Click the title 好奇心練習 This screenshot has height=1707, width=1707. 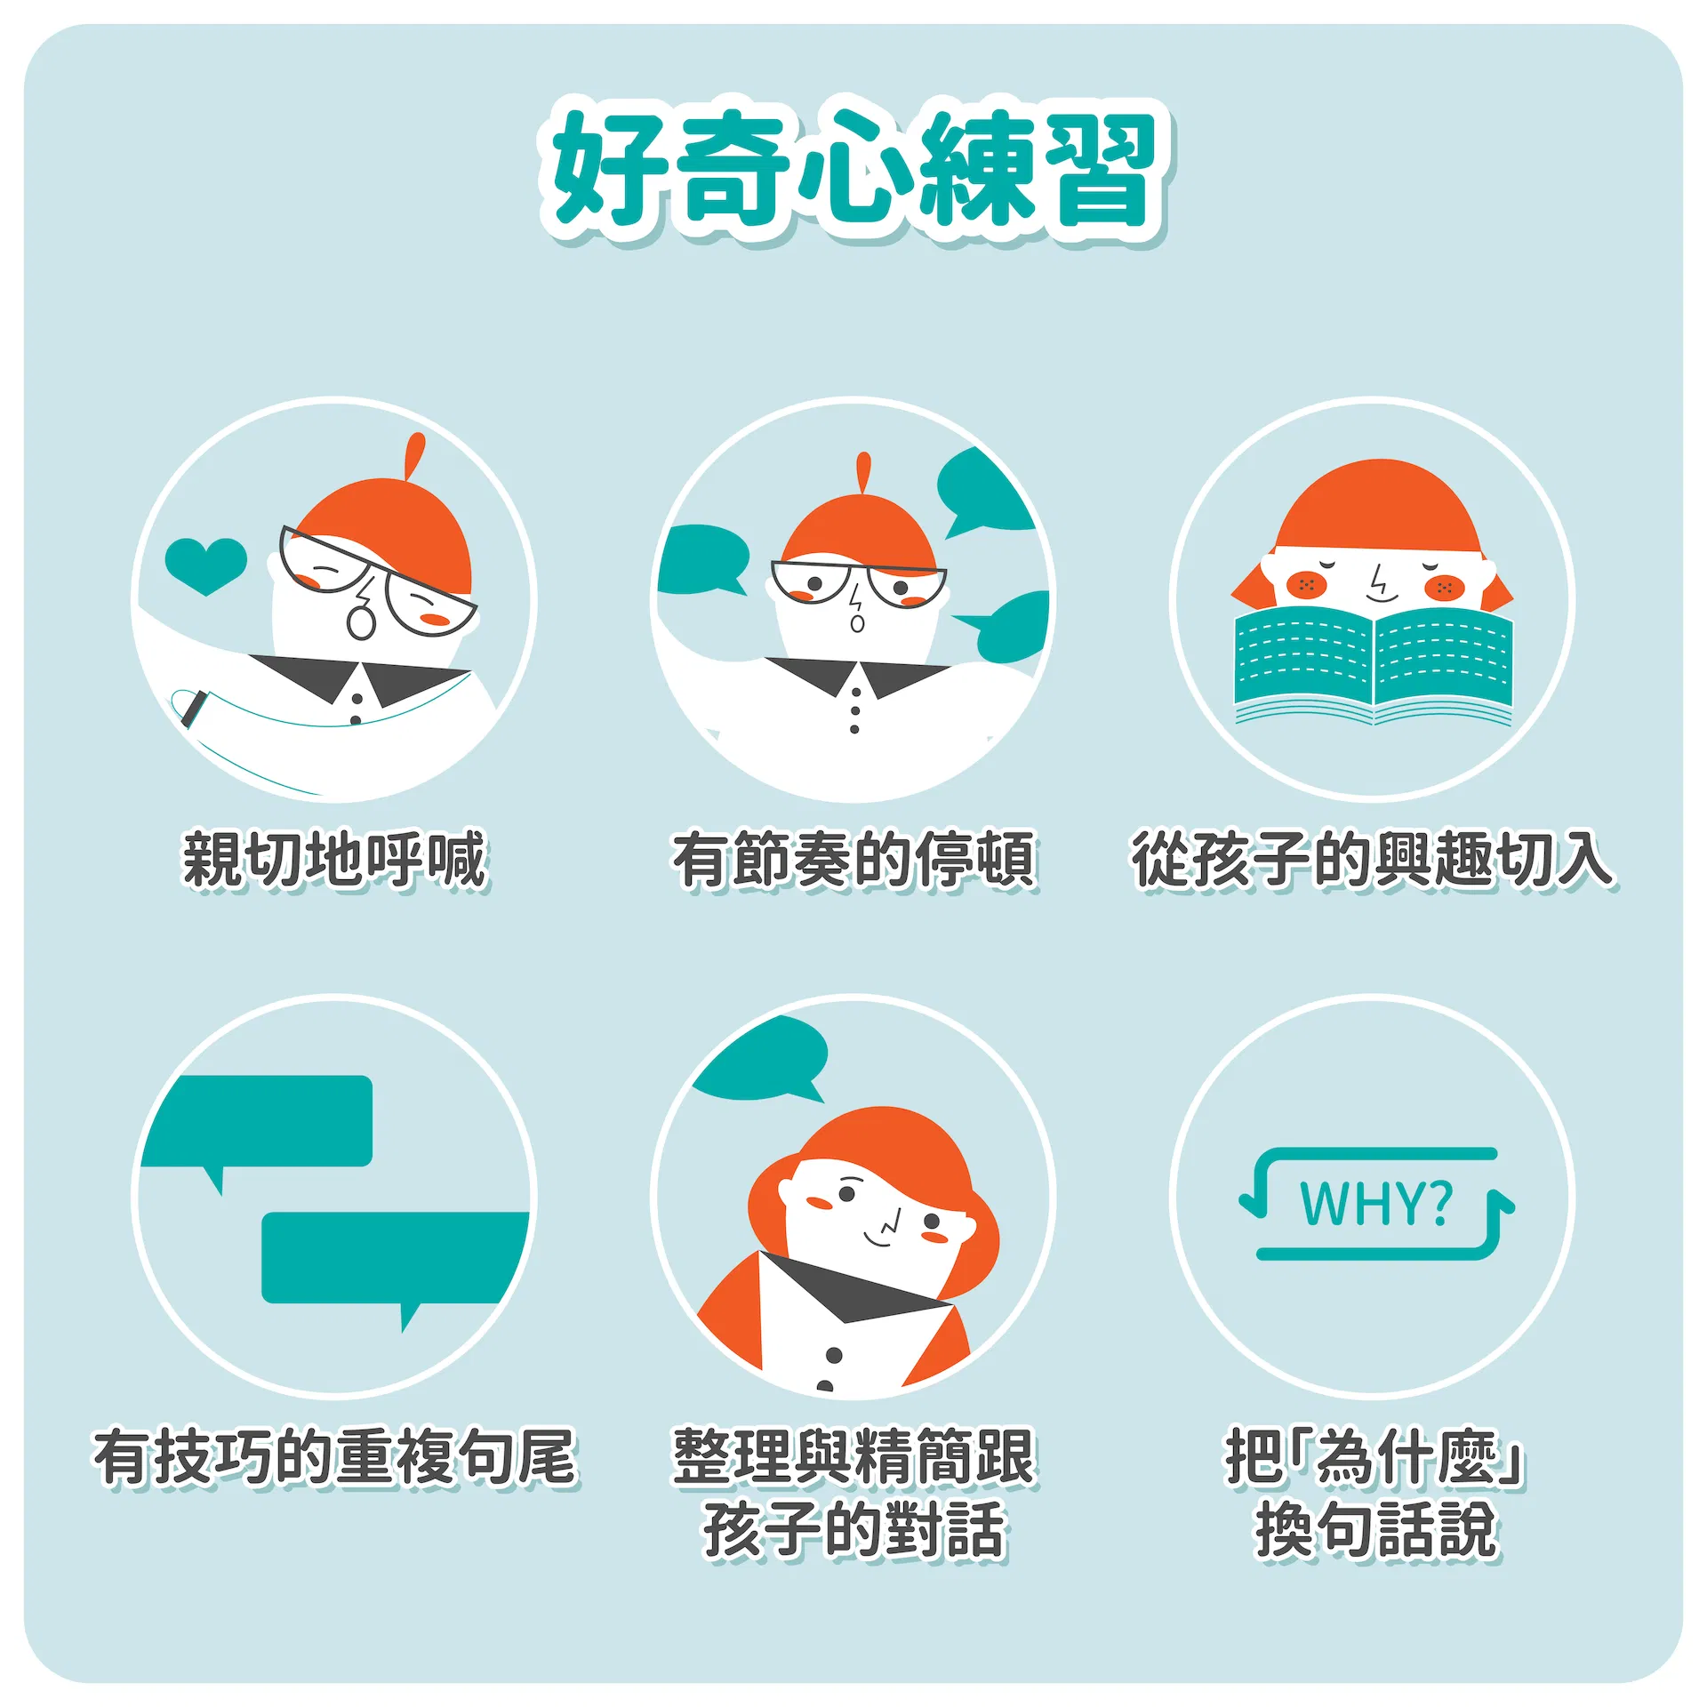coord(855,168)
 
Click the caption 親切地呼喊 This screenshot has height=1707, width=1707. coord(335,860)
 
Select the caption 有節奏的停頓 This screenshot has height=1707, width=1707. coord(854,860)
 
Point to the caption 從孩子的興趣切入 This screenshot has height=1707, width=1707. coord(1374,860)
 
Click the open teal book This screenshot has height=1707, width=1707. coord(1373,665)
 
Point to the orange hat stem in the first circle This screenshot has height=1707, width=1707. coord(413,456)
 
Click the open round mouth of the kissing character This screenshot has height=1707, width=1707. coord(361,621)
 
